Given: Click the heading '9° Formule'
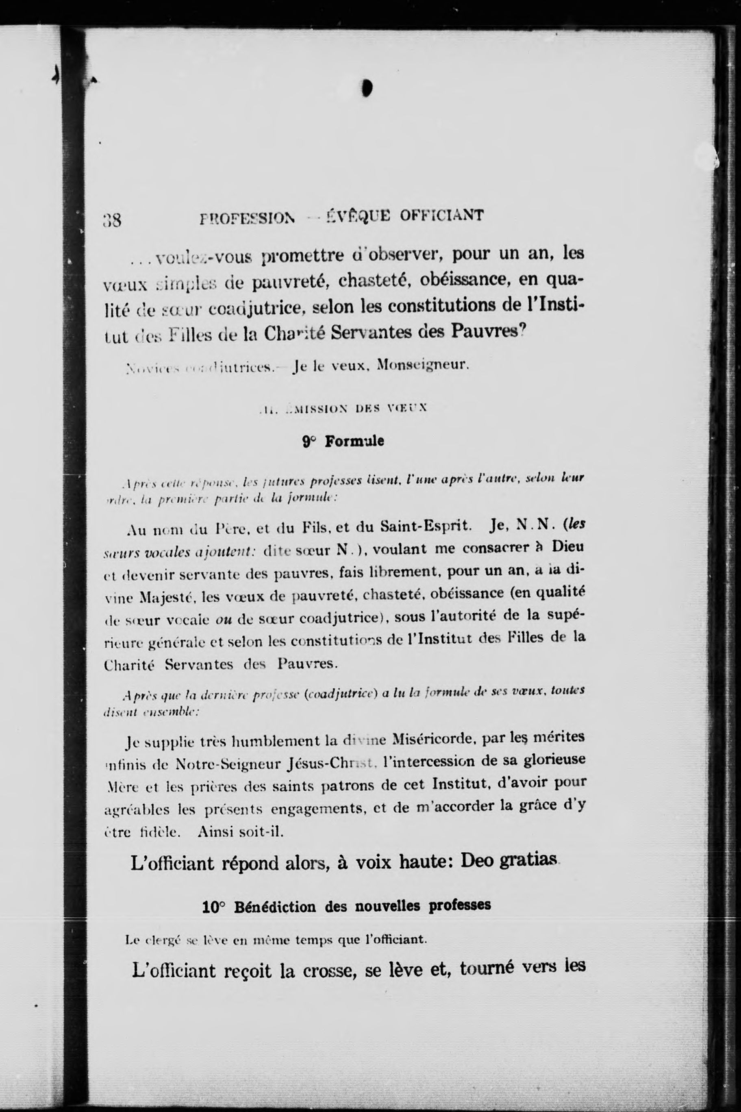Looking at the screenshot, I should (x=343, y=442).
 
